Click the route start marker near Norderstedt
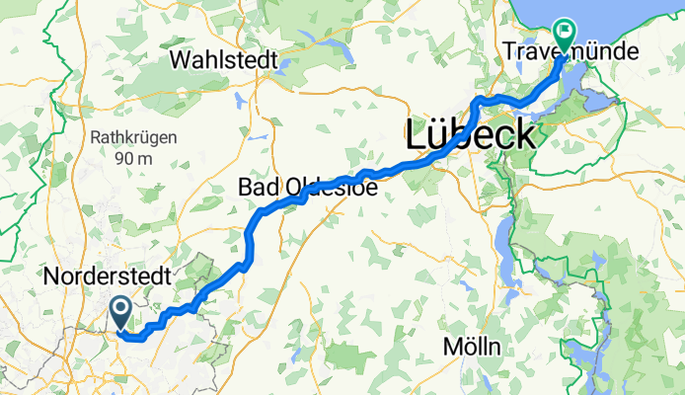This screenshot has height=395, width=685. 120,313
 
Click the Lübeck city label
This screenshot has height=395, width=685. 470,134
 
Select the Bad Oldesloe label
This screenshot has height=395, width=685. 308,187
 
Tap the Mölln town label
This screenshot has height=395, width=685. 472,348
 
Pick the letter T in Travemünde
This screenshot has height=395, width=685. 509,50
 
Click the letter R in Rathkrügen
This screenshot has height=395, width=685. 95,137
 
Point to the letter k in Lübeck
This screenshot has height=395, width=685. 524,134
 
